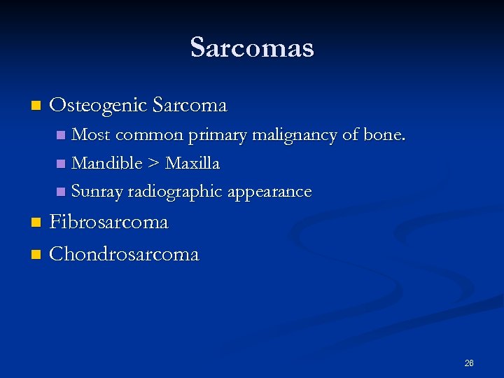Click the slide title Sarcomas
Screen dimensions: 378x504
point(252,48)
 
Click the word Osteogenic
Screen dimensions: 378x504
point(98,106)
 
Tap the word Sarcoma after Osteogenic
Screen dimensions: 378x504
point(189,106)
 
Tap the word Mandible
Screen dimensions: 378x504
point(107,163)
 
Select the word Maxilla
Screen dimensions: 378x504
point(192,163)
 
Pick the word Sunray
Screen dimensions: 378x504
point(97,191)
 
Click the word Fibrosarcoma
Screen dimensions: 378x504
point(109,223)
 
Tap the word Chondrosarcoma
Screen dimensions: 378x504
point(125,253)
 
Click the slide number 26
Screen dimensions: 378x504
point(469,363)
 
